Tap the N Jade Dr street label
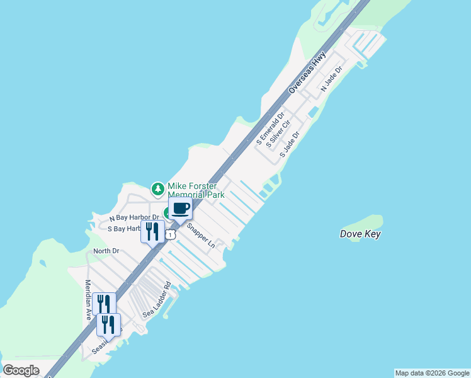331,78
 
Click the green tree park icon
157,188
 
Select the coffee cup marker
180,210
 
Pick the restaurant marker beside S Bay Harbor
152,231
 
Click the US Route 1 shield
171,234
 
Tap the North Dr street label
106,251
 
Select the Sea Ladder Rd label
157,299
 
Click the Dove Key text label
360,234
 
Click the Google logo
21,370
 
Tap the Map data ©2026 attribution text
432,373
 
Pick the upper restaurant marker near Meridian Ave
104,304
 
